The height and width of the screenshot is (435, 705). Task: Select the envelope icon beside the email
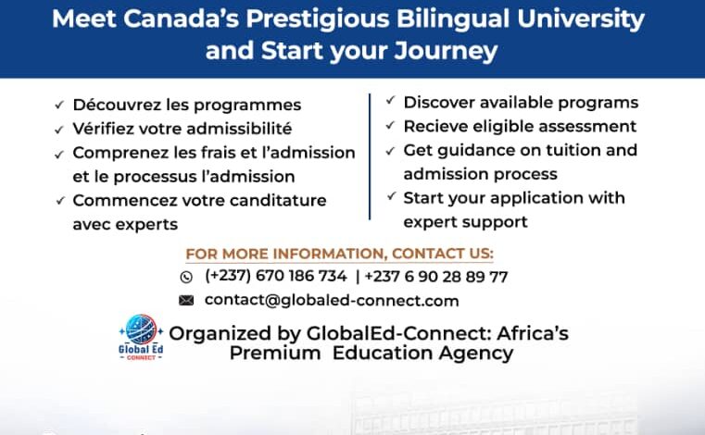point(186,300)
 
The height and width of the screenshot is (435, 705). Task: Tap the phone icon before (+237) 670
point(186,277)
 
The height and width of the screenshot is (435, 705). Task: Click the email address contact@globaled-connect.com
point(332,300)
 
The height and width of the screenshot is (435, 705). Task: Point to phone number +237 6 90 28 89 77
point(436,276)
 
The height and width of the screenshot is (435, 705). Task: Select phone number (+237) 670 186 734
point(276,276)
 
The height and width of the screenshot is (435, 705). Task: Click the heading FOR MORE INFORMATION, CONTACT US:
point(339,254)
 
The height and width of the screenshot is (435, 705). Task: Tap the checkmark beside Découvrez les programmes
point(59,106)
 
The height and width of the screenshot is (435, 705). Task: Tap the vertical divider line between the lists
point(370,156)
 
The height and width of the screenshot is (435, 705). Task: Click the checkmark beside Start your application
point(390,197)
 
